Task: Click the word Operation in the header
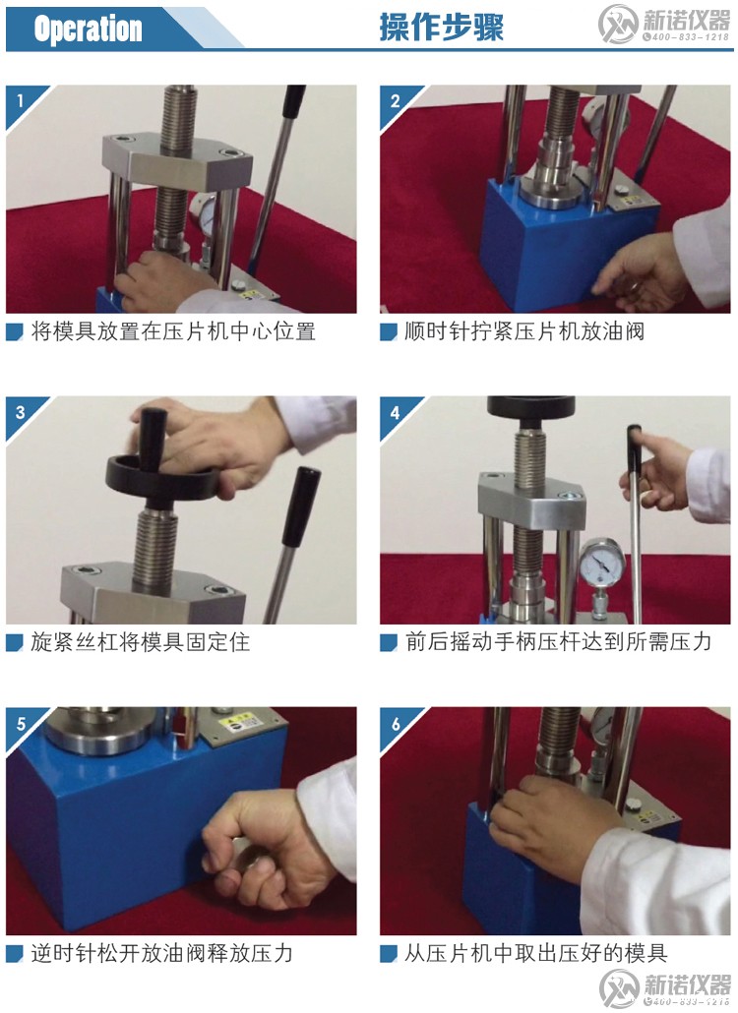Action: point(88,29)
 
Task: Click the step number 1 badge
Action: point(20,99)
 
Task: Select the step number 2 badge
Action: point(395,99)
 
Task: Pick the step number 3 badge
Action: point(20,411)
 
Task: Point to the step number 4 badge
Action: point(395,411)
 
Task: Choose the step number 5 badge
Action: point(20,723)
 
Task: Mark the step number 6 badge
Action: point(395,723)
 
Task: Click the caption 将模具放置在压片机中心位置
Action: point(172,331)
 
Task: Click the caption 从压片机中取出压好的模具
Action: point(536,953)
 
